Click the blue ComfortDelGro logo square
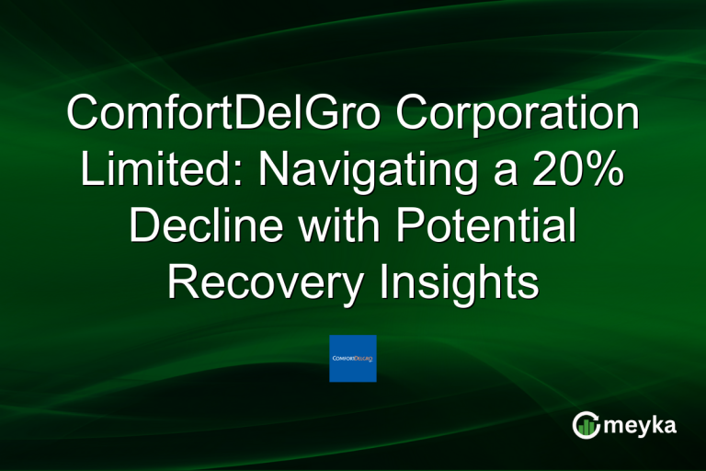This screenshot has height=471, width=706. (x=353, y=358)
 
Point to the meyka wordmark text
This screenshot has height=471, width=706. (x=644, y=425)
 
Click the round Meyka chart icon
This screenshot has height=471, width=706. (x=586, y=425)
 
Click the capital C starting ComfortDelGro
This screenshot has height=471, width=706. (x=84, y=116)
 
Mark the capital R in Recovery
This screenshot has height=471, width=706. (x=183, y=281)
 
